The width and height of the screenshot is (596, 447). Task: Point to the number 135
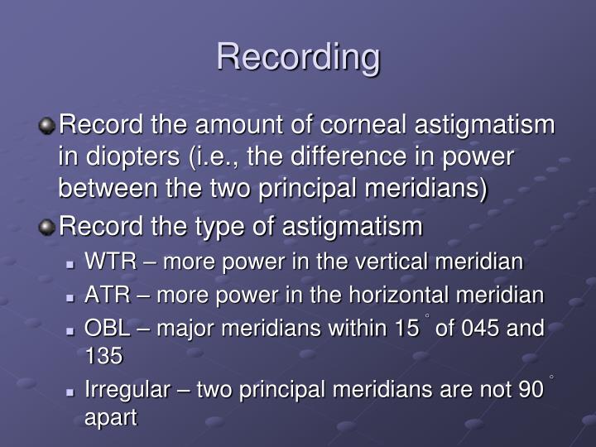(103, 357)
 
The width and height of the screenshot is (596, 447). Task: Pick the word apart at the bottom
(110, 418)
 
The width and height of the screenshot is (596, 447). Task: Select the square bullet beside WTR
(74, 264)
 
